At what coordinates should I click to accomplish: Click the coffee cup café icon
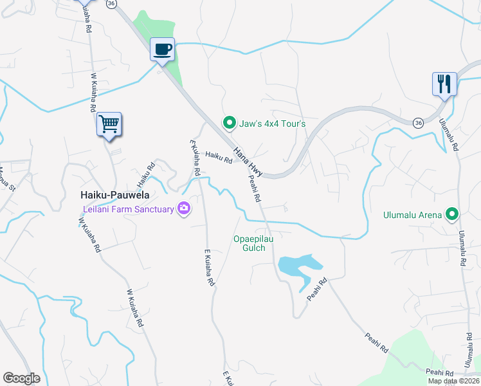(x=163, y=49)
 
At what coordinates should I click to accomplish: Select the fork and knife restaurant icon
(x=444, y=84)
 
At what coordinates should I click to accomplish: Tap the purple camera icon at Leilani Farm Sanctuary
(x=185, y=208)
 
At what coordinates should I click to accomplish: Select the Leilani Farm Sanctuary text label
(x=129, y=209)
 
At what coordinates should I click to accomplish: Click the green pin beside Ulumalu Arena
(x=453, y=214)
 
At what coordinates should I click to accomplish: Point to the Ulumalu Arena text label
(x=413, y=215)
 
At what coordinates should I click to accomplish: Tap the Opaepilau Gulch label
(x=249, y=244)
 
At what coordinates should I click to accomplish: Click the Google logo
(x=21, y=378)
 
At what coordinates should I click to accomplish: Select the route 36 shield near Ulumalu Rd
(x=418, y=122)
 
